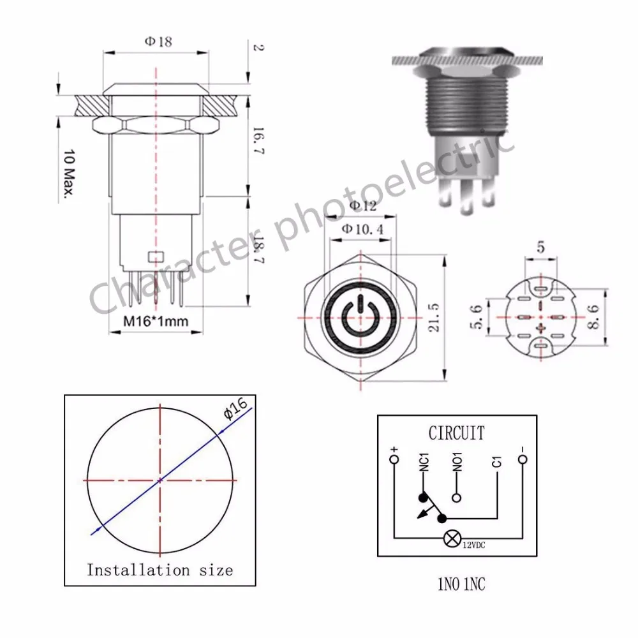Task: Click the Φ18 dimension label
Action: (x=158, y=41)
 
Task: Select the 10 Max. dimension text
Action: (x=70, y=174)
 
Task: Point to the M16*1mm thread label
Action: (x=156, y=321)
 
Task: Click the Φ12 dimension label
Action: (x=363, y=206)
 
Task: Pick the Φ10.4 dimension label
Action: (x=362, y=229)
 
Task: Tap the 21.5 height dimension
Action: (x=434, y=318)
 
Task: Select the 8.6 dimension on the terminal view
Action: (x=593, y=317)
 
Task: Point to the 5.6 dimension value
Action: (x=476, y=317)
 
